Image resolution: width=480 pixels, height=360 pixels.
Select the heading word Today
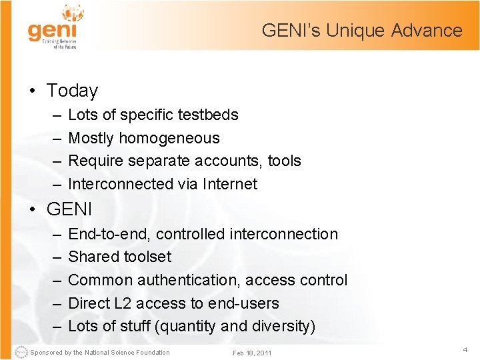[x=72, y=91]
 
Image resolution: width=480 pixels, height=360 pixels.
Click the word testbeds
[x=208, y=115]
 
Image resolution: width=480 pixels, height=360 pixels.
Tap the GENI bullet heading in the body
[x=69, y=209]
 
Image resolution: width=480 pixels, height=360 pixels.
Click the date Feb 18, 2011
[x=251, y=353]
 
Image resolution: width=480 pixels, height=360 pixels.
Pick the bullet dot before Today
[x=35, y=91]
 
